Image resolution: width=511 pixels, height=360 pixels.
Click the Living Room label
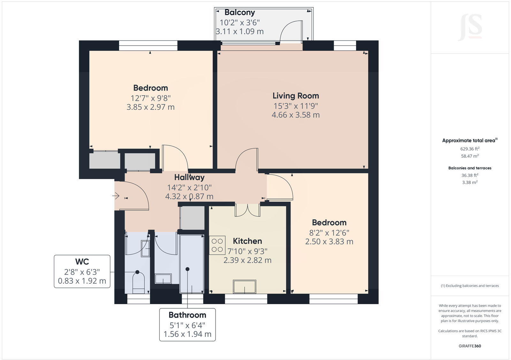click(x=295, y=96)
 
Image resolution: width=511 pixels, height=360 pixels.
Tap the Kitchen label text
click(x=247, y=241)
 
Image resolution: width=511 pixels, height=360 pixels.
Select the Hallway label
click(x=189, y=177)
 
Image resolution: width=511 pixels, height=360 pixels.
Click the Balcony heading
click(x=240, y=12)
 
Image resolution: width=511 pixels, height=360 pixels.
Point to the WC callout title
click(x=82, y=262)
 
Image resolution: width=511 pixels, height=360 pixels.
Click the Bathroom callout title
click(x=187, y=315)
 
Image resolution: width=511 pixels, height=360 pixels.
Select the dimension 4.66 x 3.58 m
click(x=295, y=115)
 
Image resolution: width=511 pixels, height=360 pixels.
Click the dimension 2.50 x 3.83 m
click(x=329, y=242)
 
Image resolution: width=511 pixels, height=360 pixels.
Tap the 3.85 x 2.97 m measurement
click(x=150, y=107)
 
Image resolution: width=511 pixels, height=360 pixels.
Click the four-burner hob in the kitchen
click(x=217, y=245)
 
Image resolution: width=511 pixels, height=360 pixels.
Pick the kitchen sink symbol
click(x=244, y=286)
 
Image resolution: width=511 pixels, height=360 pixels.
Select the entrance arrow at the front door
click(x=116, y=195)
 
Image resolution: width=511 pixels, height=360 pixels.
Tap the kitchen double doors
click(x=248, y=211)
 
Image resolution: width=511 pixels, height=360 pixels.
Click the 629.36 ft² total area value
click(x=469, y=149)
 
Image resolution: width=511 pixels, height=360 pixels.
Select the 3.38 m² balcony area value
click(x=469, y=183)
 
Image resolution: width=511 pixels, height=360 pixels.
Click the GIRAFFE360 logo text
click(x=469, y=346)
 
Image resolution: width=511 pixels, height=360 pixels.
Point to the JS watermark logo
click(x=470, y=27)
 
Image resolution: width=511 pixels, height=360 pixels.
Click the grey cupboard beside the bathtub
click(x=192, y=218)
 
